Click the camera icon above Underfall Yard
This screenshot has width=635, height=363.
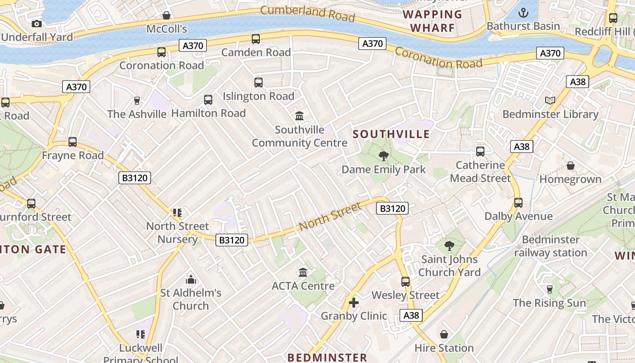click(x=37, y=24)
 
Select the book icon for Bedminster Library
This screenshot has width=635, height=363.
click(x=550, y=100)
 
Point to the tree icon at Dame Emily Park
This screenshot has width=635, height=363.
click(x=384, y=156)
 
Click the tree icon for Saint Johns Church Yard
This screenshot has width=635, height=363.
click(x=449, y=246)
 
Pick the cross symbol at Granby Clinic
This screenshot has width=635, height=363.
click(x=354, y=302)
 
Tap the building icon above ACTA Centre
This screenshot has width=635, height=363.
click(x=303, y=272)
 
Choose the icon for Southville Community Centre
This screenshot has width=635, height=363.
click(x=299, y=116)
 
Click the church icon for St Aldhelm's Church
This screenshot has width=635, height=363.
click(x=191, y=280)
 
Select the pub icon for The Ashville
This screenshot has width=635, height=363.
click(x=137, y=100)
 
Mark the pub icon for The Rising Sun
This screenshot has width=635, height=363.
click(x=550, y=289)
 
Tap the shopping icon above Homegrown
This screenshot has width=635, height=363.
click(x=571, y=166)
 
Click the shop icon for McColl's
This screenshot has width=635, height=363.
click(x=166, y=15)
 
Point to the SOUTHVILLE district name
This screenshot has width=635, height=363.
click(x=391, y=134)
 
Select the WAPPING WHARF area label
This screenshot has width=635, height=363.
click(x=432, y=21)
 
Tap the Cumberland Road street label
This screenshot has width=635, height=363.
click(x=308, y=13)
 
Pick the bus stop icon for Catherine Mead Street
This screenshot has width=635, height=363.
click(x=480, y=152)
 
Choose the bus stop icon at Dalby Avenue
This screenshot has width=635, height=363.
click(x=518, y=203)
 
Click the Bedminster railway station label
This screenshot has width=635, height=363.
click(x=551, y=246)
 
